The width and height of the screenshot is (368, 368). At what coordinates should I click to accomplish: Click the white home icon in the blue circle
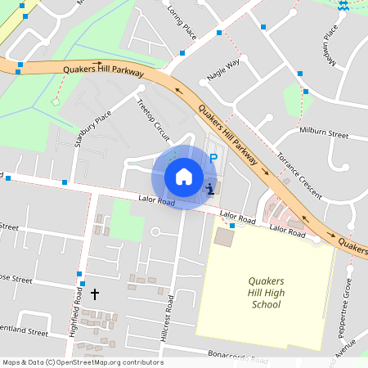pos(184,176)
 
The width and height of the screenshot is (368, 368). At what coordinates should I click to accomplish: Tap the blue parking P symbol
pos(213,159)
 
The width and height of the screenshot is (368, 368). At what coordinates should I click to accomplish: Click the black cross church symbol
pos(94,293)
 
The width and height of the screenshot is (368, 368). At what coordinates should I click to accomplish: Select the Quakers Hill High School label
pos(265,293)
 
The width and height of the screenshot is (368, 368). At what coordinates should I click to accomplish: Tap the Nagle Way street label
pos(223,69)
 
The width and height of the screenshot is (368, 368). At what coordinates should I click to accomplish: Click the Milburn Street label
pos(324,133)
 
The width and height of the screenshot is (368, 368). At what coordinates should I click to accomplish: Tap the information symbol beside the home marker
pos(210,189)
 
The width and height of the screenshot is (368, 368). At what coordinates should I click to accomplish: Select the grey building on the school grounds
pos(223,238)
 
